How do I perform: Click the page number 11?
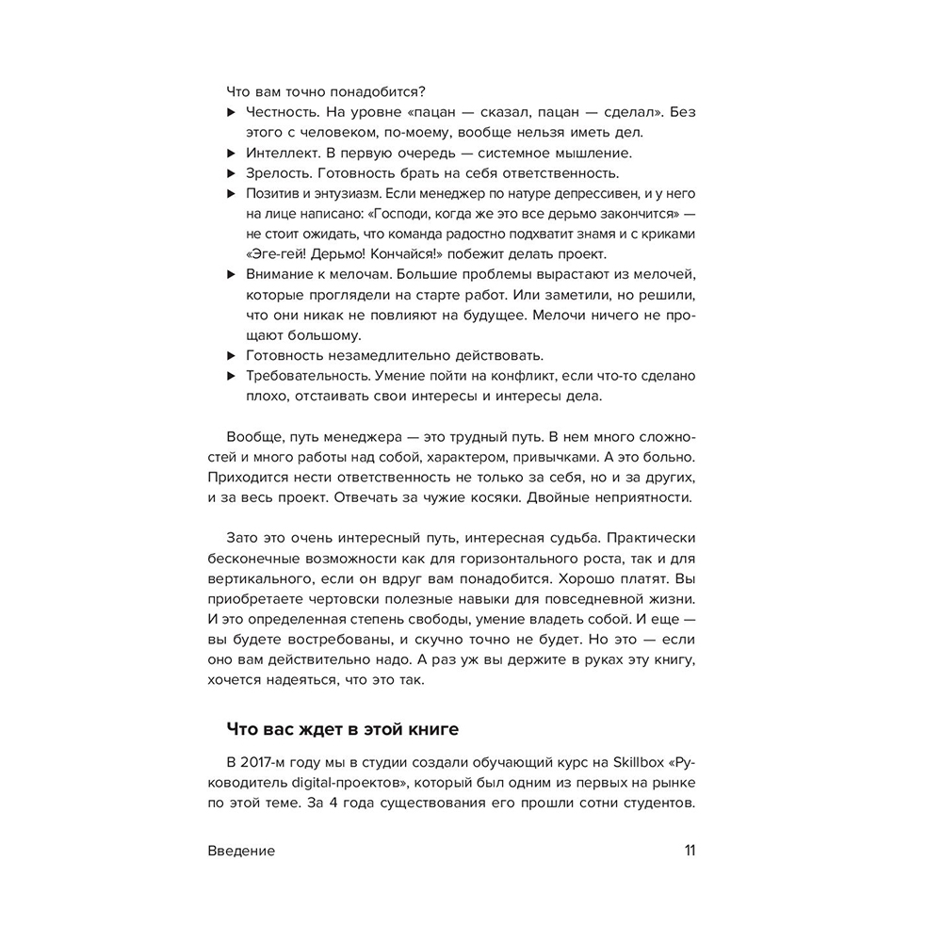pyautogui.click(x=690, y=851)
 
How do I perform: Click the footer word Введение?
pyautogui.click(x=241, y=851)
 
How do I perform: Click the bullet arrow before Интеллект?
pyautogui.click(x=231, y=153)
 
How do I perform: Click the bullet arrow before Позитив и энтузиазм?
pyautogui.click(x=231, y=194)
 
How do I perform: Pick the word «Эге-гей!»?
pyautogui.click(x=279, y=254)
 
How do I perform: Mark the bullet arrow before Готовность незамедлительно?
pyautogui.click(x=231, y=356)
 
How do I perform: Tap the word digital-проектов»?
pyautogui.click(x=331, y=783)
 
